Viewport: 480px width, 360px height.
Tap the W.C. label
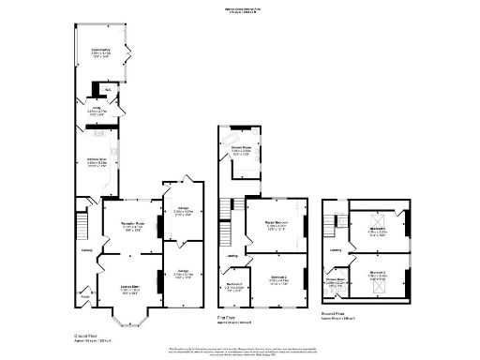pos(110,89)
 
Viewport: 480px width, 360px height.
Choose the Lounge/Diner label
pos(129,287)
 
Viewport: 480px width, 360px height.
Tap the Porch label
pos(85,300)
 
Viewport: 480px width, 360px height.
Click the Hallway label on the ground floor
pos(86,250)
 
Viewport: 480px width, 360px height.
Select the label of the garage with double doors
pos(183,210)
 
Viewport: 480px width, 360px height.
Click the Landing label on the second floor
pos(335,250)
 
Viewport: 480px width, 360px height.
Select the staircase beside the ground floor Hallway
pos(81,225)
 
